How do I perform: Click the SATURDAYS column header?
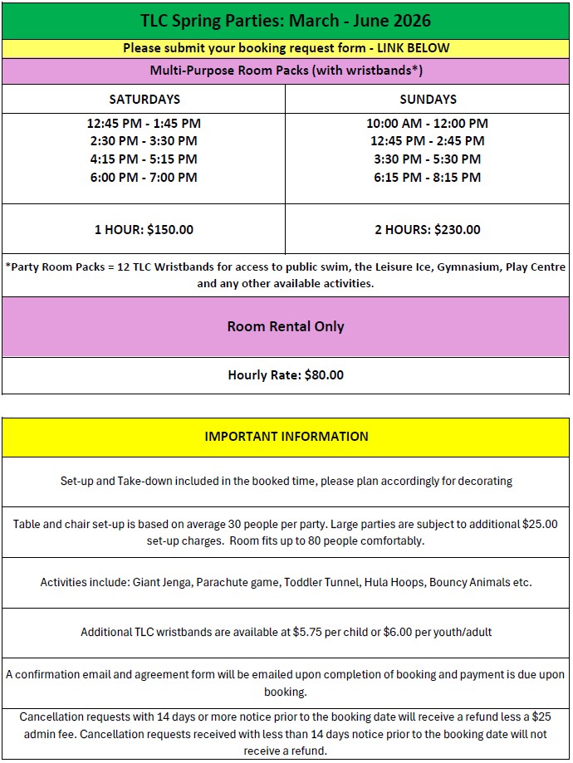tap(144, 99)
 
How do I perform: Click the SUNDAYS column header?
tap(428, 99)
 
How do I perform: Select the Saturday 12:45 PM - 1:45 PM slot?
tap(144, 123)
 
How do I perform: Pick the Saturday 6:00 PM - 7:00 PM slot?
tap(144, 177)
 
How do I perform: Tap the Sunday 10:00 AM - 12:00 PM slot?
tap(428, 123)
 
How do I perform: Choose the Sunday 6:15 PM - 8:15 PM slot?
tap(428, 177)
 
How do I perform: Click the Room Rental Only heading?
tap(286, 326)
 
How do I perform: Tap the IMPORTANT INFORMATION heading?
tap(286, 437)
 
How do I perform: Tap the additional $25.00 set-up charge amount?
tap(540, 524)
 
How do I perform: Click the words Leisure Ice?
tap(397, 267)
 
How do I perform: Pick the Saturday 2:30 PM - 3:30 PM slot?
tap(144, 141)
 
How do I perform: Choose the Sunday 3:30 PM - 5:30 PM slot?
tap(428, 159)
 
